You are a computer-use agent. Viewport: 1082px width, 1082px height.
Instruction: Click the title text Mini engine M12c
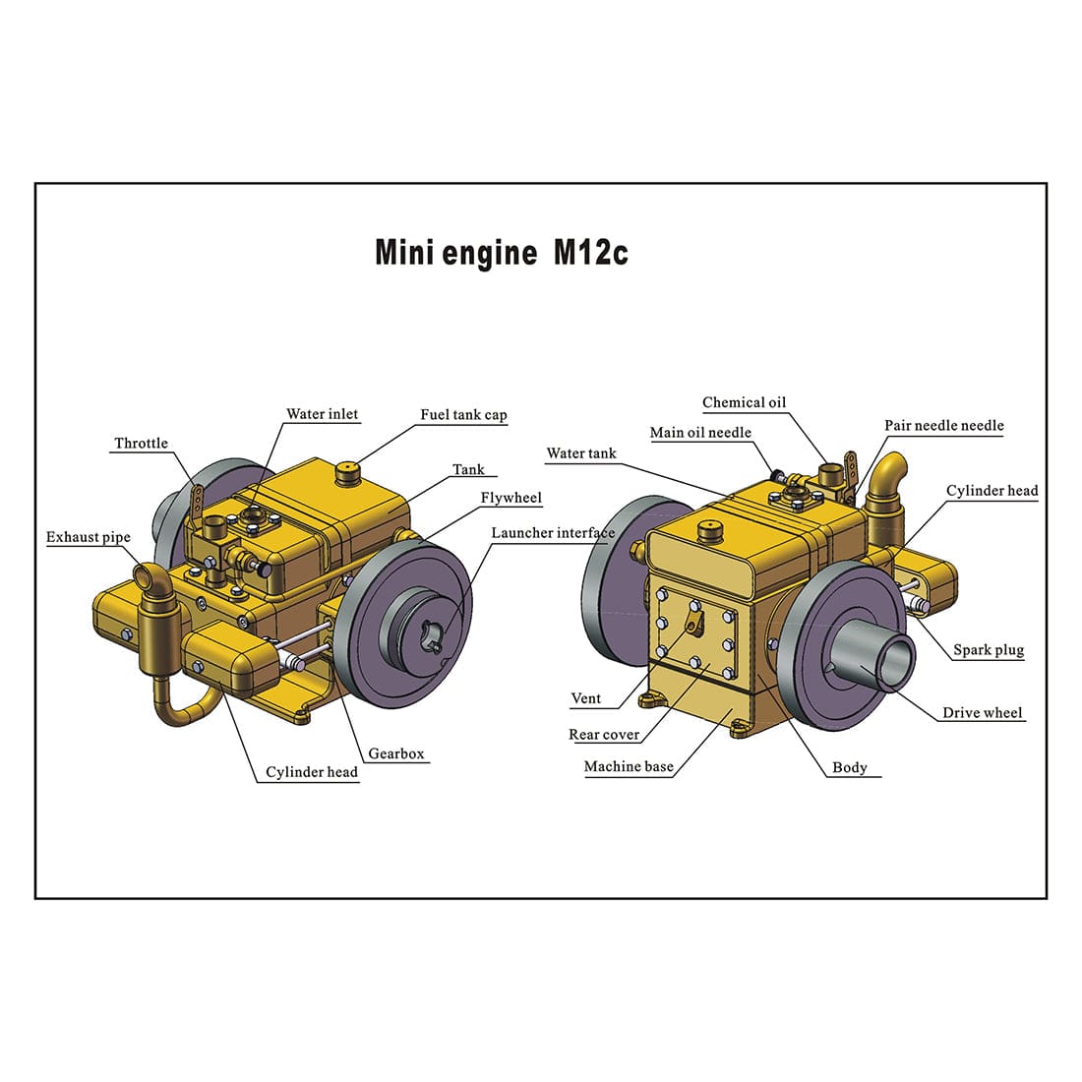click(x=501, y=253)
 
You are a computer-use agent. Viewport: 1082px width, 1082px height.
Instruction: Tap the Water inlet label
click(x=322, y=414)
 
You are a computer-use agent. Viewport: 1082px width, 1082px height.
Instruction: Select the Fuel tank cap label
click(x=463, y=415)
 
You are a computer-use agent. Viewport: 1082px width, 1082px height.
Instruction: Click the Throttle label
click(x=141, y=444)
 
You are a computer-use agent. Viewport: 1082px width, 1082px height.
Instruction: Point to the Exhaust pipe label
click(x=88, y=537)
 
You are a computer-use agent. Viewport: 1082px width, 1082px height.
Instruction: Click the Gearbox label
click(x=395, y=754)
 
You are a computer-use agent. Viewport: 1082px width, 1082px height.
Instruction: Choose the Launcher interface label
click(x=553, y=533)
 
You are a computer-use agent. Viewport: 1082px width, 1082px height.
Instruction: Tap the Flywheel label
click(x=511, y=498)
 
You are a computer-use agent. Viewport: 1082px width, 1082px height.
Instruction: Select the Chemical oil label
click(x=744, y=402)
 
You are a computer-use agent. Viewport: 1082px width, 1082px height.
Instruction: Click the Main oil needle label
click(x=700, y=433)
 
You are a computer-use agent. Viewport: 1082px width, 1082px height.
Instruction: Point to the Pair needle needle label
click(x=943, y=426)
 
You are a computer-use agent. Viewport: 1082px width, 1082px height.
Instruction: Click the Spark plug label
click(x=988, y=650)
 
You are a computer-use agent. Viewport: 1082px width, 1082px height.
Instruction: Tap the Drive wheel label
click(x=982, y=713)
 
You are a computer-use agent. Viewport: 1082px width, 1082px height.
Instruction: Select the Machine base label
click(x=629, y=767)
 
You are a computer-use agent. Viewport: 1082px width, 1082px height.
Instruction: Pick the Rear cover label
click(x=604, y=735)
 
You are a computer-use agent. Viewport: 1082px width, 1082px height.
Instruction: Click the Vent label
click(x=585, y=698)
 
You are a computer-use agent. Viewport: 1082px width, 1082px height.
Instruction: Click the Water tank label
click(x=580, y=453)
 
